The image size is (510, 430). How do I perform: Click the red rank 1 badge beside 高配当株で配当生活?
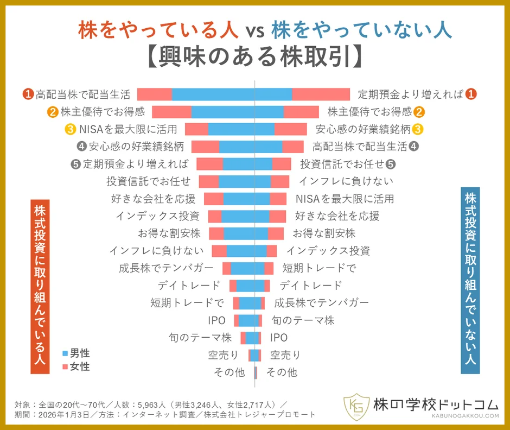click(x=28, y=94)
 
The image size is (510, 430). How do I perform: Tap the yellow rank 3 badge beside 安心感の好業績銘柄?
click(x=418, y=129)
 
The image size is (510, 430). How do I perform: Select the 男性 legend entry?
click(x=76, y=353)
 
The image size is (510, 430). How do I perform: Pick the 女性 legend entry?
click(x=76, y=366)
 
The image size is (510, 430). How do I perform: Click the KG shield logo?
click(x=356, y=406)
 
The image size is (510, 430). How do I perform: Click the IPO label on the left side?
click(x=216, y=320)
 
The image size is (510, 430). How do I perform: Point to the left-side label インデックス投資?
click(x=157, y=216)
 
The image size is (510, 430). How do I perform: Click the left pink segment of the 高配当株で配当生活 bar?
click(x=155, y=94)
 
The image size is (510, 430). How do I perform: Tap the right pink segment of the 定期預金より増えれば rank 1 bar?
click(x=321, y=94)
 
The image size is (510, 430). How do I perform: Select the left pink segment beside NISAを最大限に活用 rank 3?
click(x=196, y=129)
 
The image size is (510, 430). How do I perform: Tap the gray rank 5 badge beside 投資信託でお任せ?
click(x=391, y=164)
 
